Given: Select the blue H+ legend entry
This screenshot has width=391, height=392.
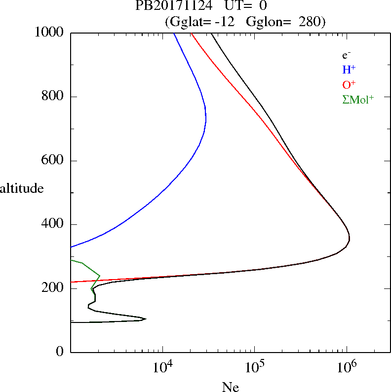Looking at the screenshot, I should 349,70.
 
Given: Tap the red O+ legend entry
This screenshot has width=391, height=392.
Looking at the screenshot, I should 349,84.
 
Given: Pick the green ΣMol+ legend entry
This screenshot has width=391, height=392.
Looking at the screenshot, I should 357,99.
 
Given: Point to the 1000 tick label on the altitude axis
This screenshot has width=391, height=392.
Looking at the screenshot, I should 49,33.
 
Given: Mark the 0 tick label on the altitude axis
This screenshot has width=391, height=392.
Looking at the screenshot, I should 60,352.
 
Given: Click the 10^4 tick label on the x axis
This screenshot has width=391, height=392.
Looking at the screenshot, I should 162,368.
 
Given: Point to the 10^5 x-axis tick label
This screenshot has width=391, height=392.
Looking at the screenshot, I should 254,368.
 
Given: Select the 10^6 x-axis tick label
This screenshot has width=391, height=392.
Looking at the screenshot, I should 347,368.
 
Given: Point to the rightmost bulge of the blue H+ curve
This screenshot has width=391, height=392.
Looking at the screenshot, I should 206,118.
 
